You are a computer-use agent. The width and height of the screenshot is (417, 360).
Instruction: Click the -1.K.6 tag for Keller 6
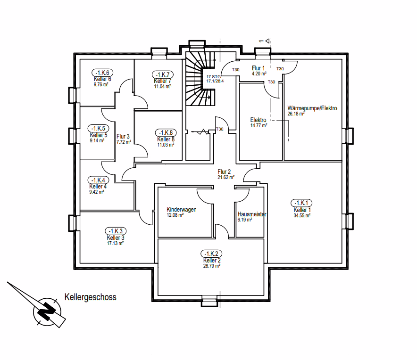pos(102,73)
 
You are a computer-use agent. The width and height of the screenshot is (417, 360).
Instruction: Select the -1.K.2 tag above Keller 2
pos(211,254)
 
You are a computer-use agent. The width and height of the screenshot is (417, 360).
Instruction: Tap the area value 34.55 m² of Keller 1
pos(302,215)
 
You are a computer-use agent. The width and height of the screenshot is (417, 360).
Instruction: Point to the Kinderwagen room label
pos(182,210)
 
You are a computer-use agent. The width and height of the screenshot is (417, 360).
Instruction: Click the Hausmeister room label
pos(252,214)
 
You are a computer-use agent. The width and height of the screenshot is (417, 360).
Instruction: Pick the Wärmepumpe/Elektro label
pos(312,108)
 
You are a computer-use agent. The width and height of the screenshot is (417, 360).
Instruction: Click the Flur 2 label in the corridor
pos(224,172)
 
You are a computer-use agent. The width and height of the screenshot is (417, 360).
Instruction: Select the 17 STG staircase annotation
pos(214,76)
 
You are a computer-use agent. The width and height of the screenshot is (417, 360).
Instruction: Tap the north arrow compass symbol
pos(46,311)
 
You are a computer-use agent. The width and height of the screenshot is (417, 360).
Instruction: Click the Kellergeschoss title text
pos(90,297)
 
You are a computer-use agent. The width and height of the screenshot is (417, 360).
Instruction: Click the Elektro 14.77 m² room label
pos(259,123)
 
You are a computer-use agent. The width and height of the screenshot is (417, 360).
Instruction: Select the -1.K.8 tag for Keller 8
pos(166,133)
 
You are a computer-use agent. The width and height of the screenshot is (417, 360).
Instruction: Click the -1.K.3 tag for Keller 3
pos(115,231)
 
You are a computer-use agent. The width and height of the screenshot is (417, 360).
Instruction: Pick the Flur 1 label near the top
pos(259,68)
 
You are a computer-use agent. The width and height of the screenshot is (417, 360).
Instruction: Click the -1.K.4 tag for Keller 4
pos(99,180)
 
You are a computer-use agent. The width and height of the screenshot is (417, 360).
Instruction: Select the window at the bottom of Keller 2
pos(209,302)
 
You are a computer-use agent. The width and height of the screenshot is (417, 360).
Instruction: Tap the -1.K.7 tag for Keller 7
pos(162,74)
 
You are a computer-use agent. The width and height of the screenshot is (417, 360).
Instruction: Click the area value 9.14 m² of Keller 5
pos(99,140)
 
